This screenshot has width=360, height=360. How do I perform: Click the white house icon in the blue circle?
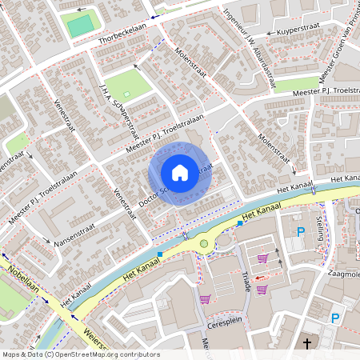[180, 173]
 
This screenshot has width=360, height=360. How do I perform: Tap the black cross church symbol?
[307, 343]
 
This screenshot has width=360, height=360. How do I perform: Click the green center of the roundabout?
[204, 243]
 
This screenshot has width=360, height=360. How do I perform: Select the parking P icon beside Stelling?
[301, 232]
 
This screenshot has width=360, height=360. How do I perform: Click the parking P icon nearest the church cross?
[336, 318]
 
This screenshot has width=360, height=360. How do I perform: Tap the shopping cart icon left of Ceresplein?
[205, 299]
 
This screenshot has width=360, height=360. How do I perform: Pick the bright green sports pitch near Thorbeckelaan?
[79, 26]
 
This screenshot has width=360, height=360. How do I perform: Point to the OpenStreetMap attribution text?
[80, 354]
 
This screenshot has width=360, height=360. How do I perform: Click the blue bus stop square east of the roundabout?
[240, 223]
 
